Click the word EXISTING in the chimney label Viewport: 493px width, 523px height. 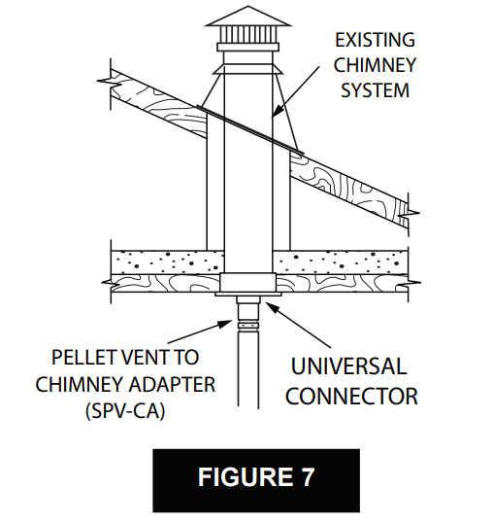(375, 41)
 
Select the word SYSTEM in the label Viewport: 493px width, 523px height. (375, 90)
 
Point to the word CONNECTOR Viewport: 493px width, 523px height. (351, 396)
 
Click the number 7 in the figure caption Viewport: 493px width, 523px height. (309, 477)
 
